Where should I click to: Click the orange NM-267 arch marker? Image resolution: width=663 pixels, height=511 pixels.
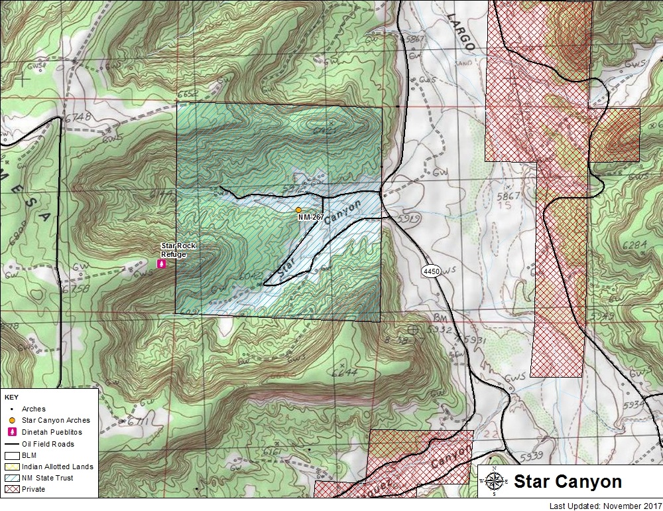(299, 210)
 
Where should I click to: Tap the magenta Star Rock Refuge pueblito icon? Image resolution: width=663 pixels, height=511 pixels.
(160, 263)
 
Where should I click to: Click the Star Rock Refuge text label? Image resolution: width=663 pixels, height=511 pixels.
(178, 250)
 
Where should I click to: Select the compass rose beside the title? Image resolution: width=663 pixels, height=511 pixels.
(495, 481)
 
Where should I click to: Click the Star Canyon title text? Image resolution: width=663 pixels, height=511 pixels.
(568, 482)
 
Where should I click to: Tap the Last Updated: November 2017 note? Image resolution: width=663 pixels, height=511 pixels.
(605, 506)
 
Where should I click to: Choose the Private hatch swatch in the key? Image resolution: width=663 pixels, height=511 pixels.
(11, 489)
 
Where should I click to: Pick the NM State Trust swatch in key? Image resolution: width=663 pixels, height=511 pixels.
(11, 478)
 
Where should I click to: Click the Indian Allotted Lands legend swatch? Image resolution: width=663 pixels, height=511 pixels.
(11, 467)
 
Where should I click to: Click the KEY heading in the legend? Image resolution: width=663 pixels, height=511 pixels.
(12, 397)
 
